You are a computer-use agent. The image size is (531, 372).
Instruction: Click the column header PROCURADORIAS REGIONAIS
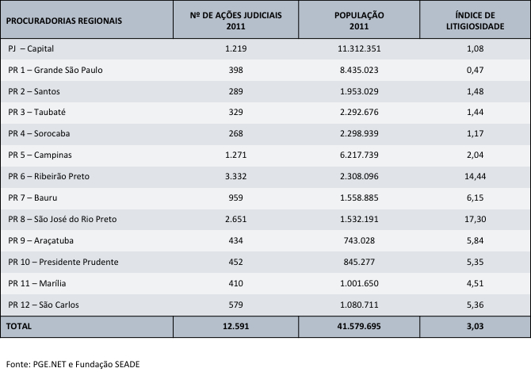[65, 21]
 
